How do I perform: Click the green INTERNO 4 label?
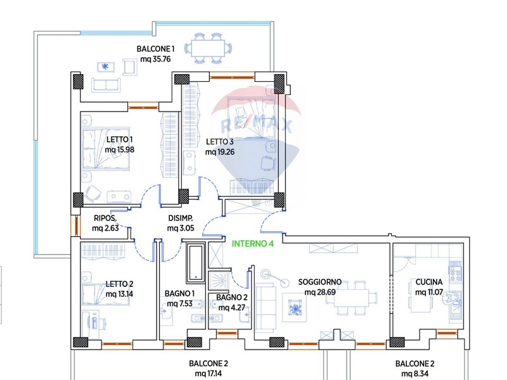[x=252, y=243]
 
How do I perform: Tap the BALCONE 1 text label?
[x=155, y=49]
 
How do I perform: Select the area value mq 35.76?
[x=155, y=59]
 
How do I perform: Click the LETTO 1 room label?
[x=119, y=139]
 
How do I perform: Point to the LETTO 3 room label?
[x=219, y=141]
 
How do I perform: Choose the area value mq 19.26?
[x=219, y=152]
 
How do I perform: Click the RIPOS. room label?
[x=105, y=218]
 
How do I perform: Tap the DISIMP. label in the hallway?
[x=181, y=218]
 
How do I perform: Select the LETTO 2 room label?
[x=119, y=284]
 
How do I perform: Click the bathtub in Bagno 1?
[x=196, y=263]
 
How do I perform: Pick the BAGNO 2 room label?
[x=232, y=297]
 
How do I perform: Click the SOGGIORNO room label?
[x=320, y=282]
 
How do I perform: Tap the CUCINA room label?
[x=429, y=282]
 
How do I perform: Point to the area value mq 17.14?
[x=209, y=374]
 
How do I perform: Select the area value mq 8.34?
[x=415, y=374]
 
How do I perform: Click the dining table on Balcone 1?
[x=208, y=49]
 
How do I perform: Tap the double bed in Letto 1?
[x=106, y=149]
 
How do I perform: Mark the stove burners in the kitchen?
[x=455, y=273]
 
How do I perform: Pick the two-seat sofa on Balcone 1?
[x=106, y=85]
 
